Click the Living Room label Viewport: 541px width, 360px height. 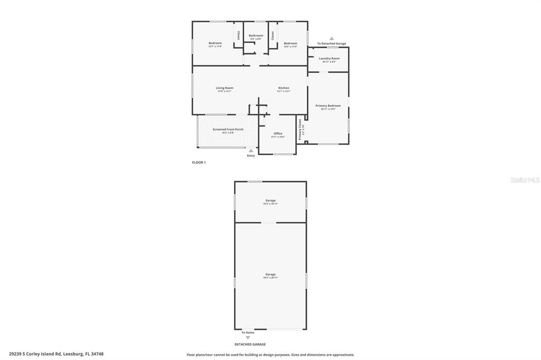pyautogui.click(x=225, y=88)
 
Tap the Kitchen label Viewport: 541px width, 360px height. pyautogui.click(x=284, y=88)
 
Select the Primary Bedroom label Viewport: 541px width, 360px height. pyautogui.click(x=328, y=106)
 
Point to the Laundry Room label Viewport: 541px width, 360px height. pyautogui.click(x=329, y=59)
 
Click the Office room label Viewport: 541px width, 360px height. pyautogui.click(x=278, y=134)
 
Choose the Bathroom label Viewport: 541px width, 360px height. pyautogui.click(x=256, y=36)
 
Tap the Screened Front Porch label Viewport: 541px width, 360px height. pyautogui.click(x=228, y=129)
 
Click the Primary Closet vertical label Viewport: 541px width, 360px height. pyautogui.click(x=300, y=129)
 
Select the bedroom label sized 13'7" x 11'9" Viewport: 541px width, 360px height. pyautogui.click(x=215, y=43)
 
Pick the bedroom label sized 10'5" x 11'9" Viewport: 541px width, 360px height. pyautogui.click(x=291, y=43)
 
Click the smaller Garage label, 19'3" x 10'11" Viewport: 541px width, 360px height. pyautogui.click(x=270, y=201)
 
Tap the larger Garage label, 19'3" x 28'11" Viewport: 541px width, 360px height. pyautogui.click(x=270, y=274)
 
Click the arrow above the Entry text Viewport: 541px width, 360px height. pyautogui.click(x=251, y=150)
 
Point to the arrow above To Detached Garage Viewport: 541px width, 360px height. pyautogui.click(x=332, y=39)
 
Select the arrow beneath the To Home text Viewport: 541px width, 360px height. pyautogui.click(x=248, y=337)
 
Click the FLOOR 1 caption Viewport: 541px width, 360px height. pyautogui.click(x=199, y=163)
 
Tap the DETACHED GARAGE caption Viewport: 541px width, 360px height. pyautogui.click(x=250, y=344)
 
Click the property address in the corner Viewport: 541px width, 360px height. pyautogui.click(x=56, y=354)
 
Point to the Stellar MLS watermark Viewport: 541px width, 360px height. pyautogui.click(x=525, y=180)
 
